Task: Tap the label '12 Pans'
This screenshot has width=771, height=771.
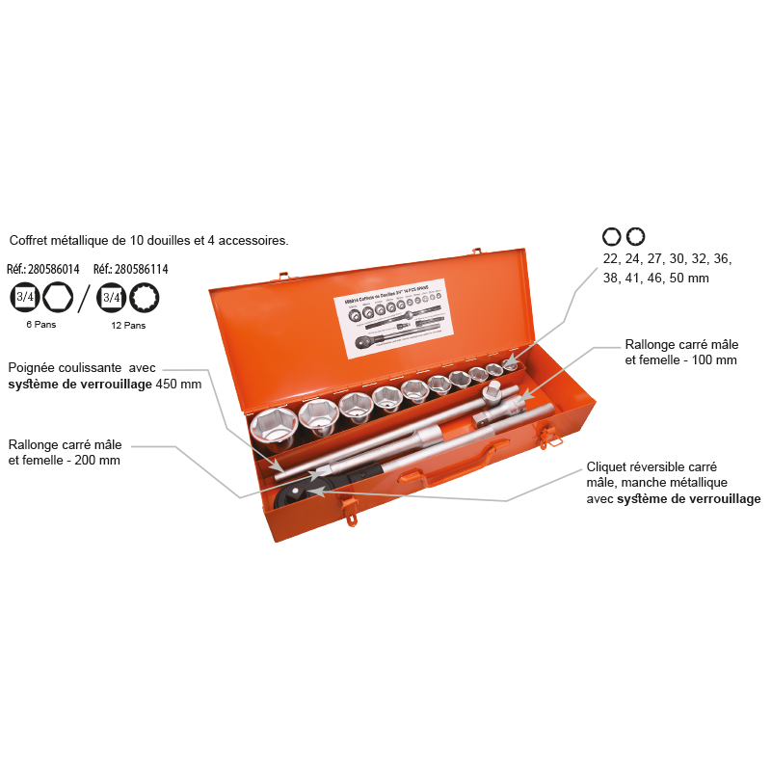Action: [128, 326]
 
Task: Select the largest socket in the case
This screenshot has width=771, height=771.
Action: [273, 426]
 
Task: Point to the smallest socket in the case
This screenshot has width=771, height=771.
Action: [511, 365]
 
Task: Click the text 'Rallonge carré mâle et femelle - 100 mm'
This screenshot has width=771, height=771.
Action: [680, 352]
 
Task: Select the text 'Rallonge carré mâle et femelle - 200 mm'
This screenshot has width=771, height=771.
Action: [66, 452]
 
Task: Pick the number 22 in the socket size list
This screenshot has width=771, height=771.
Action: [612, 258]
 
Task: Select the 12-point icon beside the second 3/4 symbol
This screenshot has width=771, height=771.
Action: [146, 298]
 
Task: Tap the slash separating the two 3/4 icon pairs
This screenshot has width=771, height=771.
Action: [85, 298]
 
